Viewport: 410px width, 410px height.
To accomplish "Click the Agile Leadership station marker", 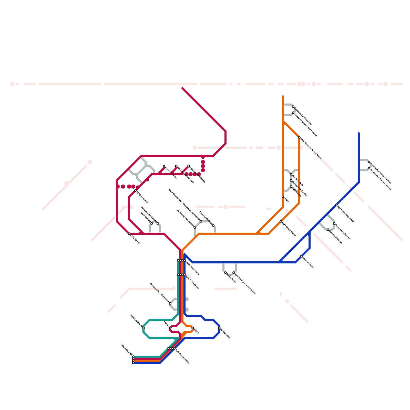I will pos(143,328).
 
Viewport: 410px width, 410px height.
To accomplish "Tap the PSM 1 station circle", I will pos(193,328).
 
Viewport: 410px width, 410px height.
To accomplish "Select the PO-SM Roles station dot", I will pos(219,328).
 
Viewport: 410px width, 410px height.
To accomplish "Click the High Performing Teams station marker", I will pos(336,205).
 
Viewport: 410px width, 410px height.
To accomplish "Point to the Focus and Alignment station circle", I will pos(334,223).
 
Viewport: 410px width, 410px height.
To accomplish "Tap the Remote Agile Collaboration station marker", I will pos(170,303).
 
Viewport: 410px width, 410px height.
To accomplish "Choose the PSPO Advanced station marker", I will pos(135,191).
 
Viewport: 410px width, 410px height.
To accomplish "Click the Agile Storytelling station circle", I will pos(164,166).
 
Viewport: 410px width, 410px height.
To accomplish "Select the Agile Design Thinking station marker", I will pos(189,166).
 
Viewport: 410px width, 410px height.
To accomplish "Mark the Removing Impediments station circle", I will pos(195,228).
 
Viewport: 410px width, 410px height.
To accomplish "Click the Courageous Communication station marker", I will pos(293,107).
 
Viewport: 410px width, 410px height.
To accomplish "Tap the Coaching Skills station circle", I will pos(291,174).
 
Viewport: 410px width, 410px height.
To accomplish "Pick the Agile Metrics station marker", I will pos(291,187).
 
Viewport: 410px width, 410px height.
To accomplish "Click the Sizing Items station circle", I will pos(225,273).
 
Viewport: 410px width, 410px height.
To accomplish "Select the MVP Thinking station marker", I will pos(152,223).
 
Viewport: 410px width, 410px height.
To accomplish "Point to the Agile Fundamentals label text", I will pos(182,356).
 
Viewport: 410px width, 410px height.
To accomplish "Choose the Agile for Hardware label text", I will pos(192,282).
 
